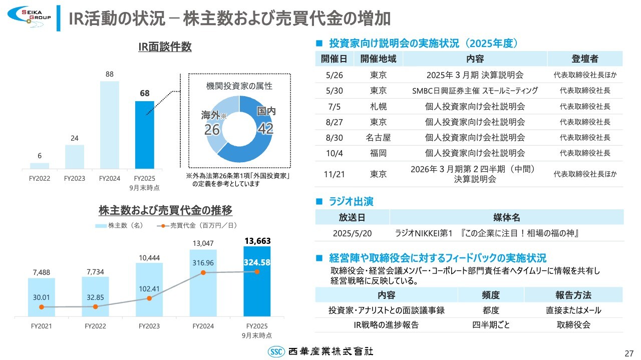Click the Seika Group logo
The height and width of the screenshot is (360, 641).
point(29,16)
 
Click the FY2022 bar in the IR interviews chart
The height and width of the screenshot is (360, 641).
point(40,165)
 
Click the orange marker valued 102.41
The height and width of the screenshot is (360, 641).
point(149,298)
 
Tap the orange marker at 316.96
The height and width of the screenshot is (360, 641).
point(203,272)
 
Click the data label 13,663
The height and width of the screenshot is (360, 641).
point(257,241)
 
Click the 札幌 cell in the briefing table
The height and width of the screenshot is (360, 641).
point(378,107)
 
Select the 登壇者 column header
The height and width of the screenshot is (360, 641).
point(584,59)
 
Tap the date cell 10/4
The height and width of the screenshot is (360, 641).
point(335,153)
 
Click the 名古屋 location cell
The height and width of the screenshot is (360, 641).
point(378,138)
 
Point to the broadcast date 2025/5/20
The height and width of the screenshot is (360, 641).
point(352,233)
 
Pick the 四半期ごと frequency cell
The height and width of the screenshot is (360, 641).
point(491,325)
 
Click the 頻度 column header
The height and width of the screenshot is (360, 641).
point(491,295)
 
